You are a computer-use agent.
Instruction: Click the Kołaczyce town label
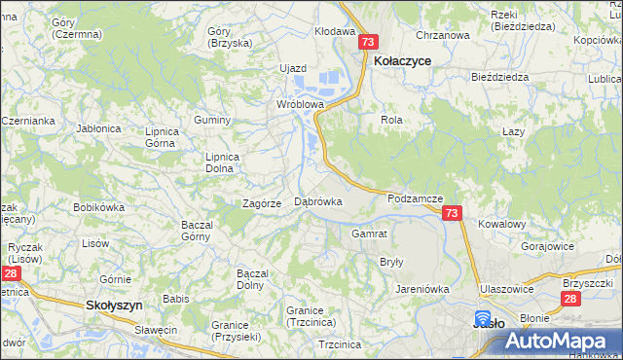click(x=402, y=60)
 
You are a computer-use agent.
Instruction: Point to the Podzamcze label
click(x=415, y=198)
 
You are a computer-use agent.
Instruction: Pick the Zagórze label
click(x=262, y=203)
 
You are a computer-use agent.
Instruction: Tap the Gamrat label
click(x=369, y=234)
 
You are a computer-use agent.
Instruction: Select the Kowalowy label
click(x=501, y=224)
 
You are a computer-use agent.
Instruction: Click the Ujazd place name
click(x=293, y=68)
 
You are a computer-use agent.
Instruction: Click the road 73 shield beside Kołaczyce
click(x=367, y=43)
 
